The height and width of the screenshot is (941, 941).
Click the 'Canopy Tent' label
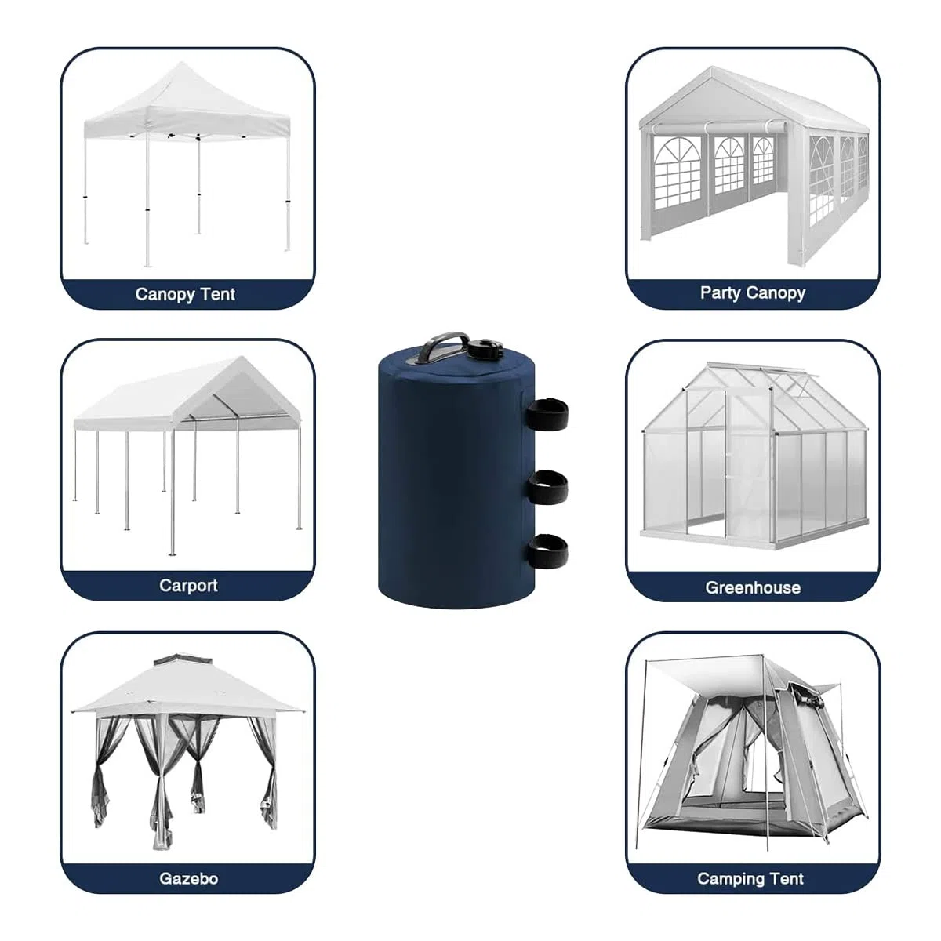tap(185, 294)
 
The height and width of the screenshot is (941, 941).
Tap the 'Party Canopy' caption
tap(753, 293)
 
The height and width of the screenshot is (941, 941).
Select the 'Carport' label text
tap(188, 586)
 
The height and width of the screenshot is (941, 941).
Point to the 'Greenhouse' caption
tap(753, 587)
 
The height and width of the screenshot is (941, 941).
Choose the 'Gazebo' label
tap(188, 878)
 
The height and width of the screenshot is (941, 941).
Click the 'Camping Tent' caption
tap(750, 878)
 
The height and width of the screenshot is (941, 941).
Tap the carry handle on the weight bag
tap(442, 346)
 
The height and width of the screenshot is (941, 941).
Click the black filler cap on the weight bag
tap(485, 349)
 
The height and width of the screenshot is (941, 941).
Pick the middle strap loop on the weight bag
tap(548, 487)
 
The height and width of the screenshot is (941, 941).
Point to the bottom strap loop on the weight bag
tap(548, 551)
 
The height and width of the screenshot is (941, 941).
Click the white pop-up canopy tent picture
tap(187, 164)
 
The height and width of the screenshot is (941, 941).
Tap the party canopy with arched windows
tap(754, 166)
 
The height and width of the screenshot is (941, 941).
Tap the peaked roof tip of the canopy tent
tap(182, 63)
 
